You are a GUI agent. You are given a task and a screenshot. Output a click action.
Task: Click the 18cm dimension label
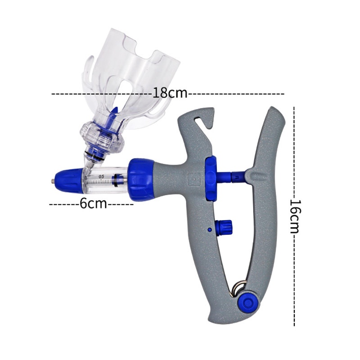pos(170,93)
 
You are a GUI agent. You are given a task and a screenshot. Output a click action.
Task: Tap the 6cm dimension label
pos(93,203)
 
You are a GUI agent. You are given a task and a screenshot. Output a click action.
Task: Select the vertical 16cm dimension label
pos(295,216)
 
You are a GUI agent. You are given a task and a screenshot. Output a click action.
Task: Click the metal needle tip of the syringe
pos(53,180)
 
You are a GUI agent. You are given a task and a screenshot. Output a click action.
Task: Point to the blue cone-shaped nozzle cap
pos(68,181)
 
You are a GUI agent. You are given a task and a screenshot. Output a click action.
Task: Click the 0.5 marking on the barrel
pos(101,176)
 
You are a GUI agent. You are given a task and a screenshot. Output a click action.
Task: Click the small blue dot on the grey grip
pos(209,229)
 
